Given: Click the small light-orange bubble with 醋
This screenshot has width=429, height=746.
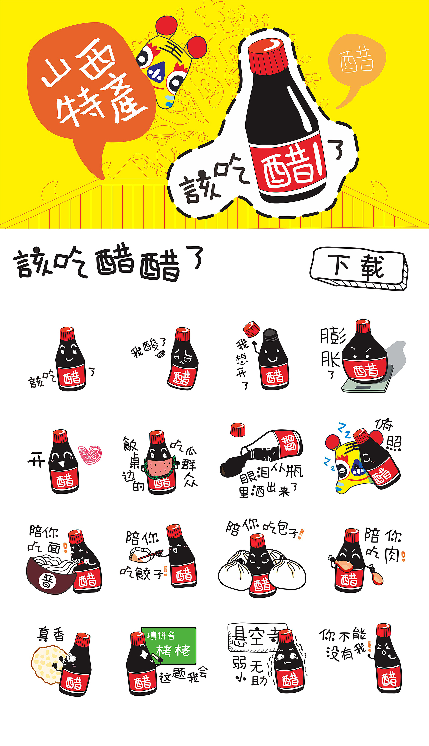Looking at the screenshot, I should coord(357,62).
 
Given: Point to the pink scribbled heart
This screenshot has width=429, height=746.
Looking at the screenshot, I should coord(89,454).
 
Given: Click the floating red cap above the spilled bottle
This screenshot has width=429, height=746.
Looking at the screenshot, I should coord(238,429).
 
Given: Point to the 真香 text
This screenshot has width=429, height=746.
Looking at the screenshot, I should coord(50,634).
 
